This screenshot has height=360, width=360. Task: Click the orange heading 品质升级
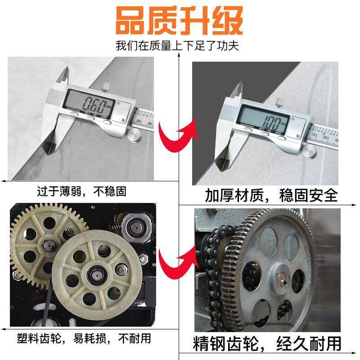180,20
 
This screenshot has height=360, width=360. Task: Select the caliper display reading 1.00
263,121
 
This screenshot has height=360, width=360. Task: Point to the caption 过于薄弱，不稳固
81,192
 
